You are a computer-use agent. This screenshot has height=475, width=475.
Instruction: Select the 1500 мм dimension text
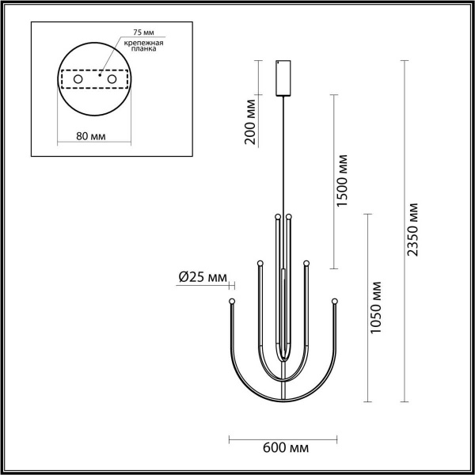343,180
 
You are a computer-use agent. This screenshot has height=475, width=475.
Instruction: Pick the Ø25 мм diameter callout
203,277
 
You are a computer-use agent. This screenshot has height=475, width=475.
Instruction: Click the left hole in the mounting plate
78,80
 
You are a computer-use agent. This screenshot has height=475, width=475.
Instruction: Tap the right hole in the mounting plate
112,80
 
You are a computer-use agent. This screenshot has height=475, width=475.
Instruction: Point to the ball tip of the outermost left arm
231,302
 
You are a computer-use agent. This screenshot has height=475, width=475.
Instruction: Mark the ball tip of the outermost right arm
335,301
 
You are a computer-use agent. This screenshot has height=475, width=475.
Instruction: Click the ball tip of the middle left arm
260,262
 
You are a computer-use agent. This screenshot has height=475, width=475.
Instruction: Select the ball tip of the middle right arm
306,262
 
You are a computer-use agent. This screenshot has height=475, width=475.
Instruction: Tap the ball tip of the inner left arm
277,216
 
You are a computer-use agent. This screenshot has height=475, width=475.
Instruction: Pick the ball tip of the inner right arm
289,216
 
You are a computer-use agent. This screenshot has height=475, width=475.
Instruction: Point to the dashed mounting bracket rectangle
95,80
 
